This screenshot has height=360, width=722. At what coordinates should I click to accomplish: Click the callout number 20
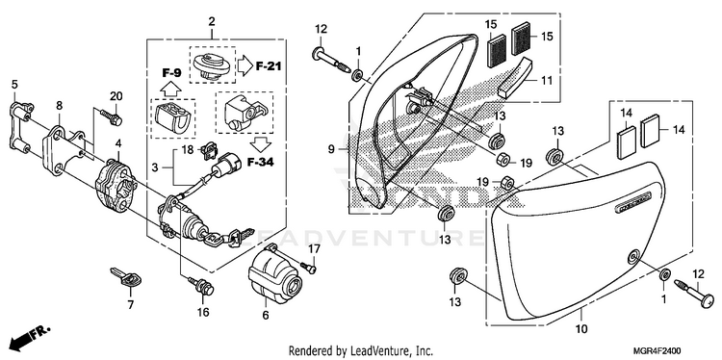[116, 95]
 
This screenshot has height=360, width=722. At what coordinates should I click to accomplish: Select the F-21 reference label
[269, 66]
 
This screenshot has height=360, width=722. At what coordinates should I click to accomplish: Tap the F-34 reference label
[260, 162]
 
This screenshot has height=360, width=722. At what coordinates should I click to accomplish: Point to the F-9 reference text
[171, 73]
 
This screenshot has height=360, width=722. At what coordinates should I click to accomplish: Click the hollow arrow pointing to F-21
[245, 66]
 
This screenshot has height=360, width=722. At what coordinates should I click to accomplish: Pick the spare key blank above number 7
[126, 277]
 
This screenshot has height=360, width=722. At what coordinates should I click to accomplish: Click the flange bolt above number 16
[202, 286]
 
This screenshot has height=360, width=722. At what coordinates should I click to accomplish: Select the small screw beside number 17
[308, 267]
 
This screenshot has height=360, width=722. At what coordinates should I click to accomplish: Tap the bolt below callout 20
[110, 116]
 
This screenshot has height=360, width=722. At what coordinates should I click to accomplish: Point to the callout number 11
[547, 80]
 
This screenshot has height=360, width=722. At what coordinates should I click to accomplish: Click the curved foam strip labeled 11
[515, 77]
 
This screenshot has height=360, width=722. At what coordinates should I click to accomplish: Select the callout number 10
[581, 329]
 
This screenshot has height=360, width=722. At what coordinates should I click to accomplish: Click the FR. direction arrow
[31, 336]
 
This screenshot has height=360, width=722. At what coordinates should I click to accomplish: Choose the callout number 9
[330, 149]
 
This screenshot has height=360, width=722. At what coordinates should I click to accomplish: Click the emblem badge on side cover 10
[633, 201]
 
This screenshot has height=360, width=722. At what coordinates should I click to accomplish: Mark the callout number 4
[118, 143]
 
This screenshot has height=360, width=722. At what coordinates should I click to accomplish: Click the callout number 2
[212, 21]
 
